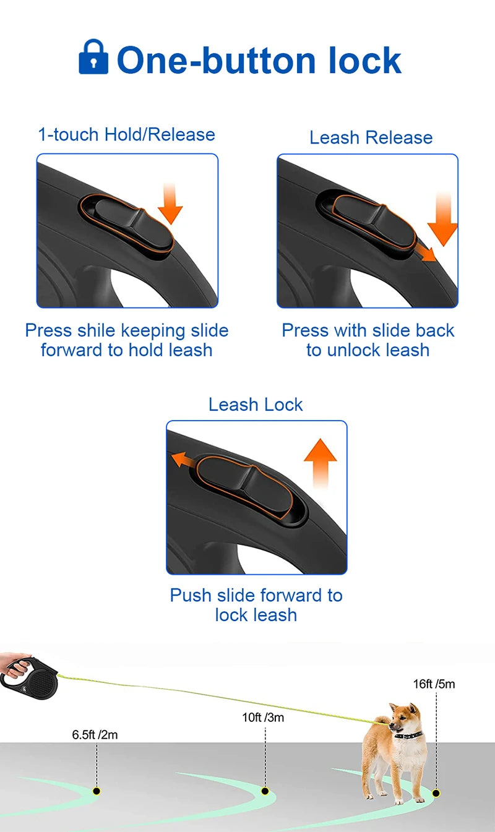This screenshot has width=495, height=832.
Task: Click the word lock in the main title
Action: tap(366, 61)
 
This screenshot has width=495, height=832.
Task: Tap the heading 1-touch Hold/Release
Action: tap(127, 134)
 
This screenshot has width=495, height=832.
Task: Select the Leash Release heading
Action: tap(371, 137)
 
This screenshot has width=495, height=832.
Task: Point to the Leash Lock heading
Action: tap(256, 405)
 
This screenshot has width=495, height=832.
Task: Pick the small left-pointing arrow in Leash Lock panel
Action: tap(182, 460)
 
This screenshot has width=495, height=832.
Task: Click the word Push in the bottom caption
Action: tap(190, 595)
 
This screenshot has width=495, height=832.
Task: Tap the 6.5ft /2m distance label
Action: tap(95, 735)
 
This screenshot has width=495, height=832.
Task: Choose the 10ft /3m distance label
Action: tap(263, 718)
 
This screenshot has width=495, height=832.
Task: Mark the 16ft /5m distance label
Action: tap(434, 684)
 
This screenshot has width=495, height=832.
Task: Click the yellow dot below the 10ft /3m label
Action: tap(265, 791)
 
